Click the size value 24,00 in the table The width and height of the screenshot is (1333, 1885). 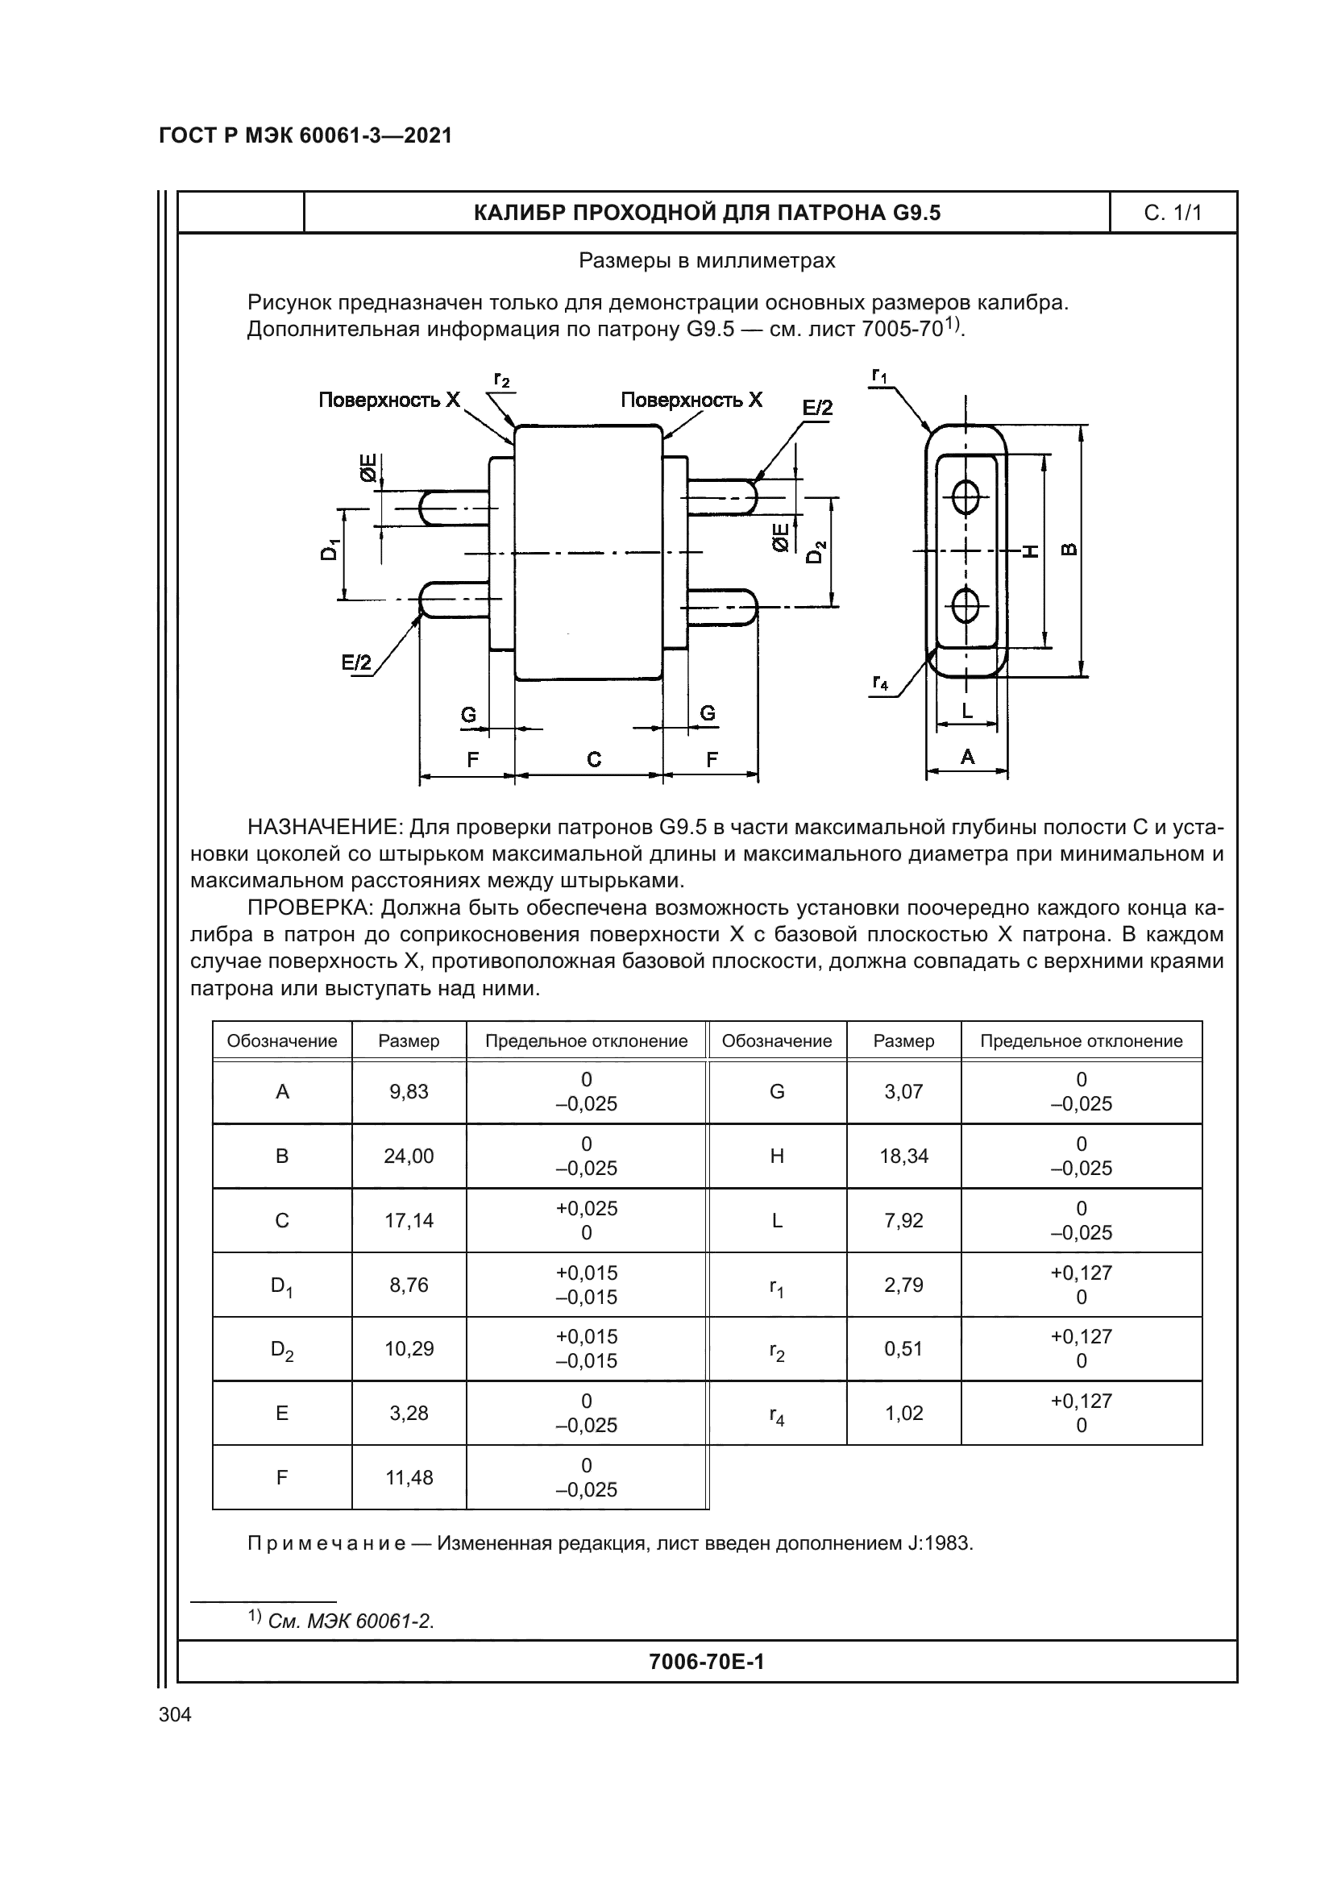[409, 1156]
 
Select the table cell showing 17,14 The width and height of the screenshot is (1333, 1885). [409, 1220]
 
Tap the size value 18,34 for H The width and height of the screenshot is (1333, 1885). [903, 1156]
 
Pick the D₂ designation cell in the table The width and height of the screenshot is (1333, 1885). [281, 1350]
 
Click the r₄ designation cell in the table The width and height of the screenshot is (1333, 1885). [776, 1414]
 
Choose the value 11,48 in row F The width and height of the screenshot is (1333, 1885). [409, 1478]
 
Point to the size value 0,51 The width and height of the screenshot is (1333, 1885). [903, 1349]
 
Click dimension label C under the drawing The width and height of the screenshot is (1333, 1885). [594, 759]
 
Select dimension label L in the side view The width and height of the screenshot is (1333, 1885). [967, 711]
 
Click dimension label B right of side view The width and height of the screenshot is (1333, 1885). [1070, 550]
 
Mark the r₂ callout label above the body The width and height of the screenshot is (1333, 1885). [501, 380]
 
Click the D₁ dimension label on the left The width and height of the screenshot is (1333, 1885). [329, 550]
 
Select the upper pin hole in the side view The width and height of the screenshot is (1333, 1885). [966, 495]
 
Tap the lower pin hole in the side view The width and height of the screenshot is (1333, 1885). [966, 606]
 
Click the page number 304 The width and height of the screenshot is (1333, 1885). [175, 1715]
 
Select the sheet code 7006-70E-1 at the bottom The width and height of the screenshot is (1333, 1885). [706, 1662]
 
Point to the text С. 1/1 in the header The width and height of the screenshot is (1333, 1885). [1172, 214]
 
